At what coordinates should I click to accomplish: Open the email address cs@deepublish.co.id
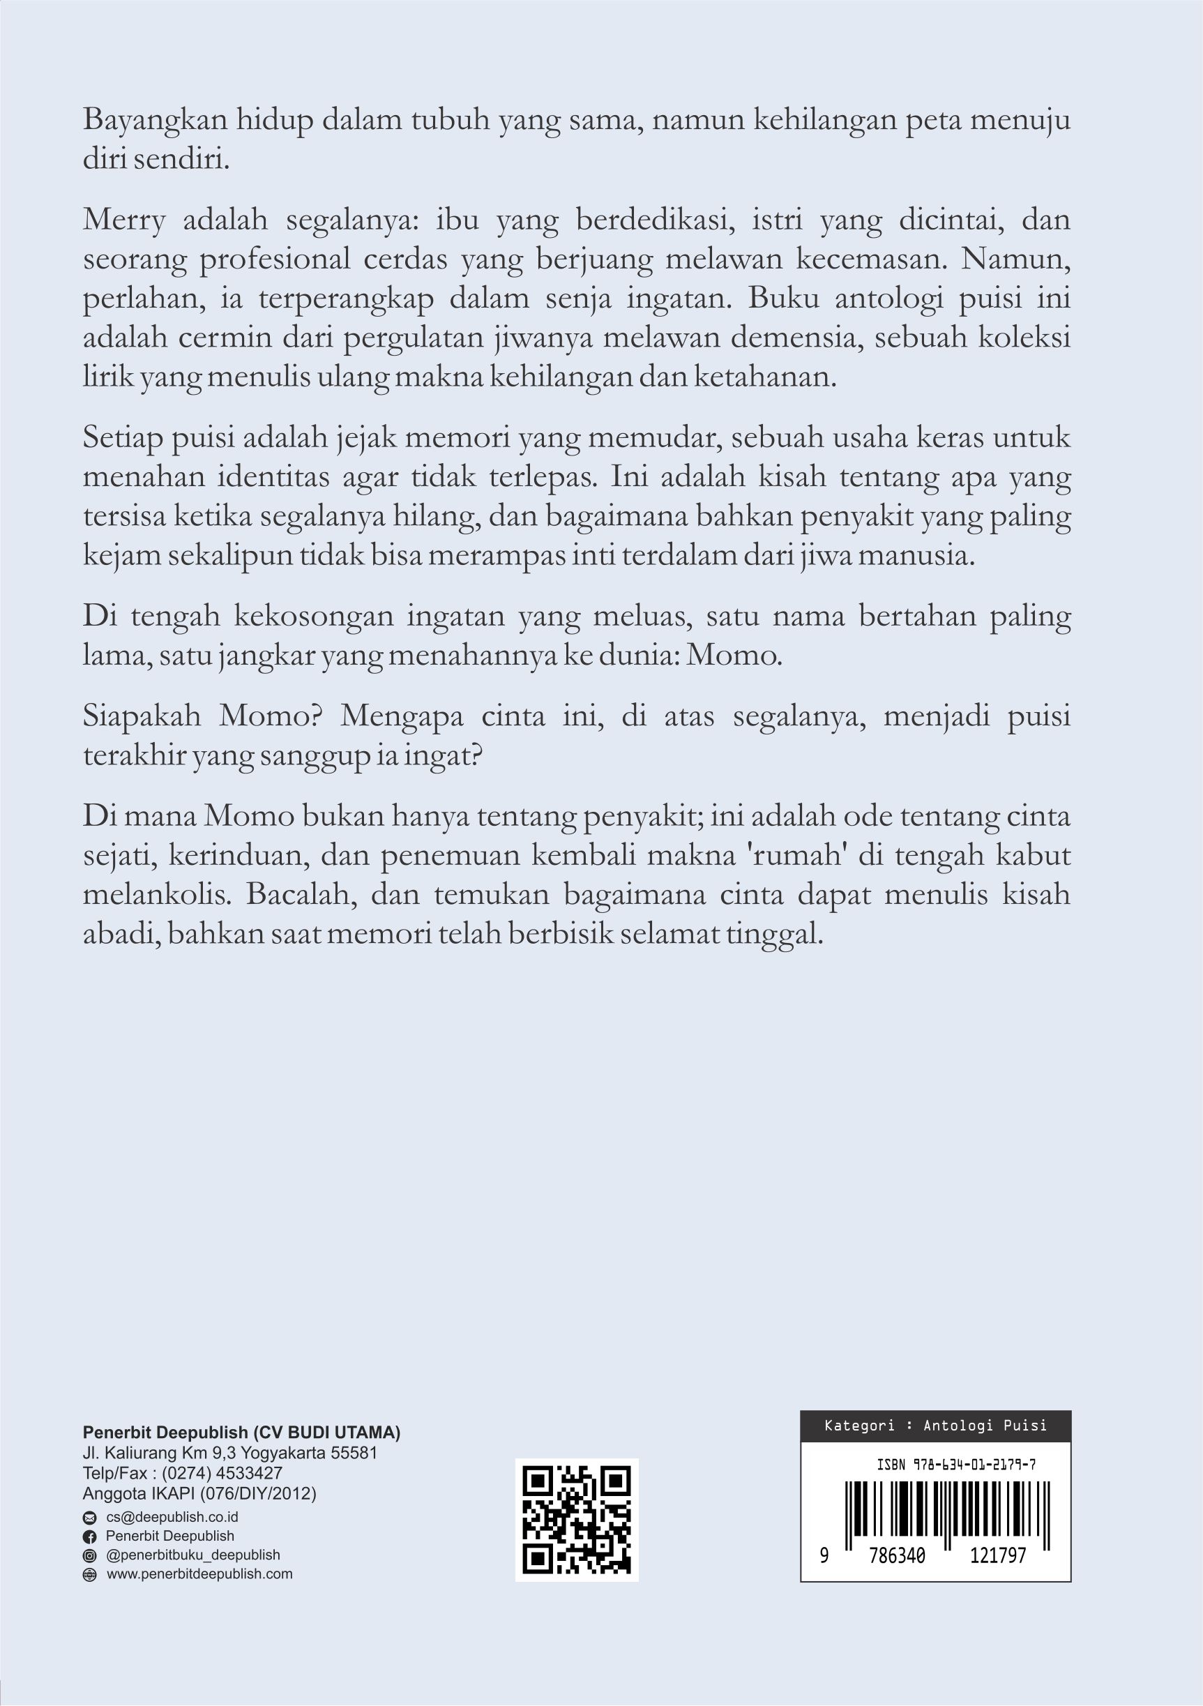[x=172, y=1517]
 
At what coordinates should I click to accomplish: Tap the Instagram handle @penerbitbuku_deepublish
[x=192, y=1555]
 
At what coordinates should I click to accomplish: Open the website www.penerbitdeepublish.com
[x=199, y=1573]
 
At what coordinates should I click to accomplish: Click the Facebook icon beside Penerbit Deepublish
[x=90, y=1537]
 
